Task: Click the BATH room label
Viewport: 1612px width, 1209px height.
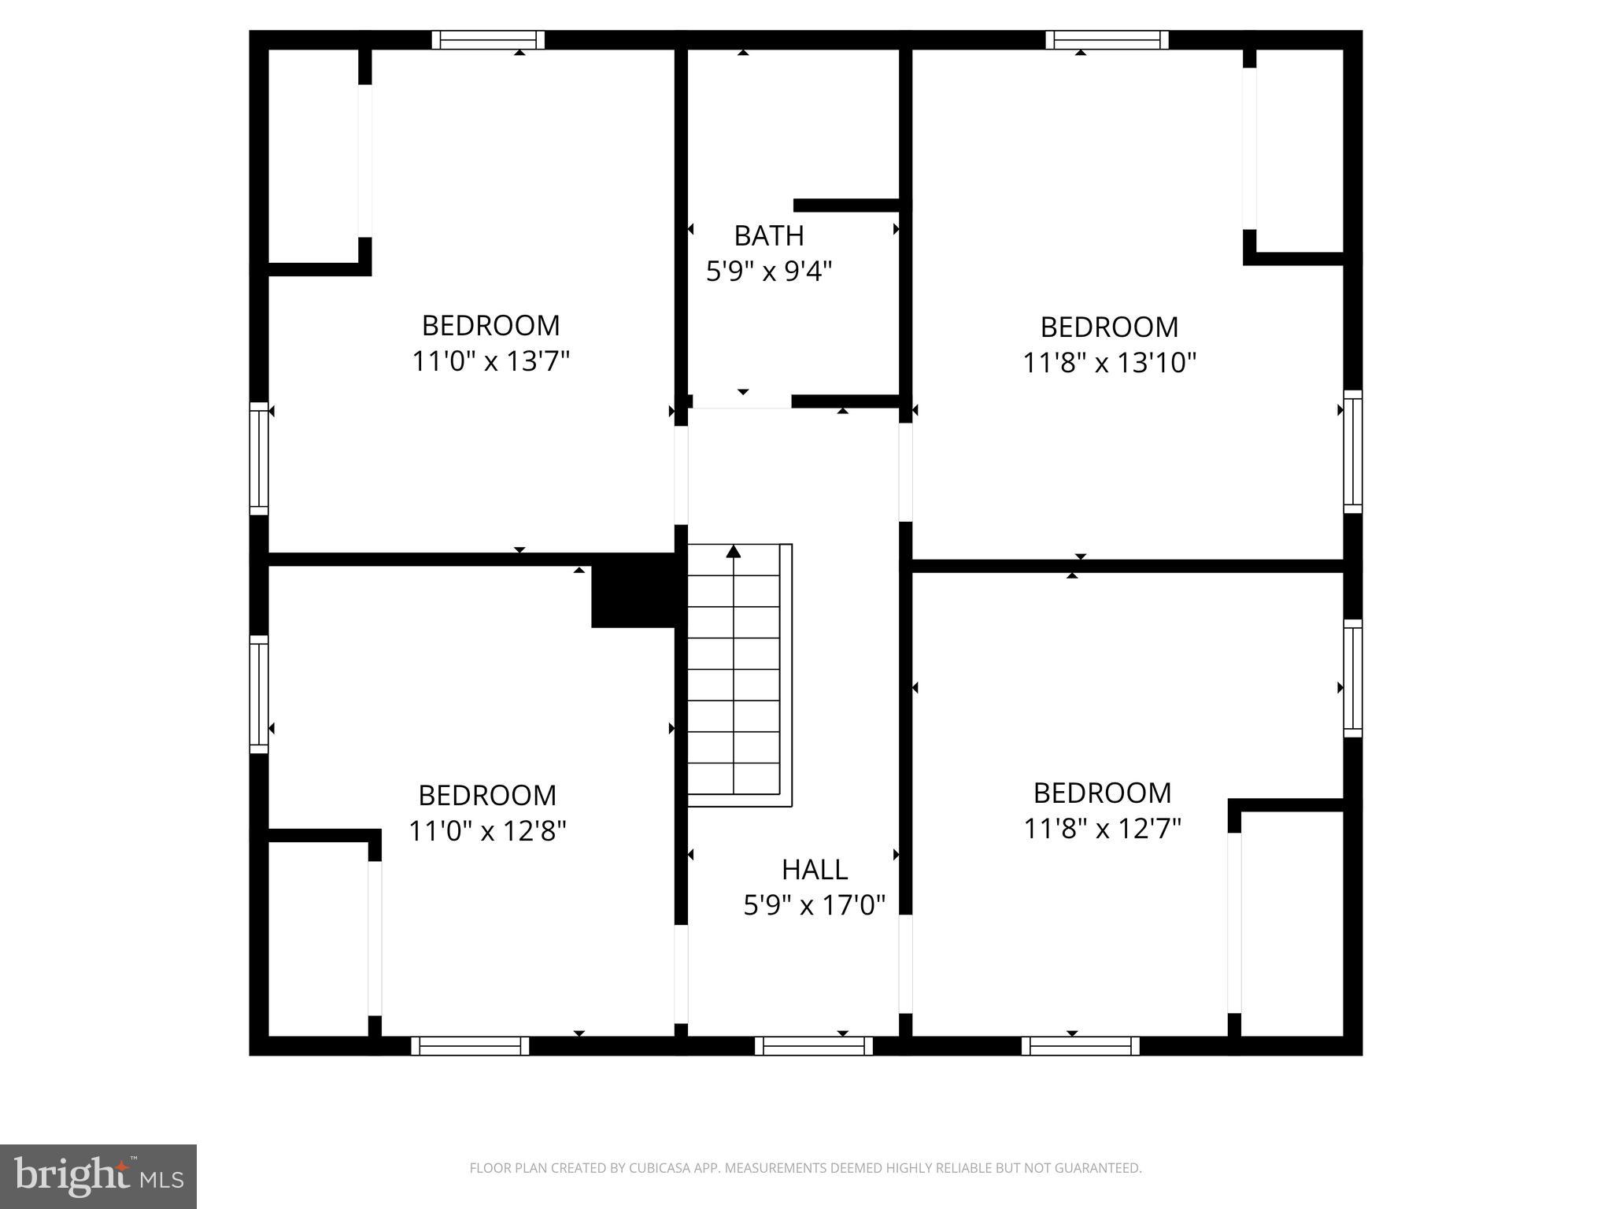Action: (x=768, y=235)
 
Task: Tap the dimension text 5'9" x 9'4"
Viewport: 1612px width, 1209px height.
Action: (x=768, y=272)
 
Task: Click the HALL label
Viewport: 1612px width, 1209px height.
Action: (x=814, y=869)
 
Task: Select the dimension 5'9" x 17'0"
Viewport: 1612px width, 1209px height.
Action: (x=814, y=905)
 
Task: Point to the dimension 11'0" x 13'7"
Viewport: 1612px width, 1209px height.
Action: (x=490, y=361)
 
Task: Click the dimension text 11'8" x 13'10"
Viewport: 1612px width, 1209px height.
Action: (x=1109, y=363)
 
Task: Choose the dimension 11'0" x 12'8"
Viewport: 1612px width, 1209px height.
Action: (x=487, y=830)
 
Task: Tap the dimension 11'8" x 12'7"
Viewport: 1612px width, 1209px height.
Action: (x=1102, y=829)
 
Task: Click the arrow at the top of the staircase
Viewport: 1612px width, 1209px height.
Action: (x=734, y=551)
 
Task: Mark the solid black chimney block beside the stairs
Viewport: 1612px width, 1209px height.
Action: (x=634, y=590)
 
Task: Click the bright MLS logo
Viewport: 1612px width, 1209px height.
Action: (x=98, y=1176)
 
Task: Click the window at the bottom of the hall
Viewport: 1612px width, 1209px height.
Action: (x=813, y=1045)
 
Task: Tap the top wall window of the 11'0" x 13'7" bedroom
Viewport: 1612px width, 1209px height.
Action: (x=488, y=40)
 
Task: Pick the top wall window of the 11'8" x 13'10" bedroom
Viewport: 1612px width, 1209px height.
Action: (x=1107, y=40)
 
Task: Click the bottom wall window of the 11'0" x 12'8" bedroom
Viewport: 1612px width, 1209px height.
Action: (x=470, y=1045)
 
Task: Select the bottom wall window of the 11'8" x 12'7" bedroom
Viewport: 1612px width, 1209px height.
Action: (x=1080, y=1045)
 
